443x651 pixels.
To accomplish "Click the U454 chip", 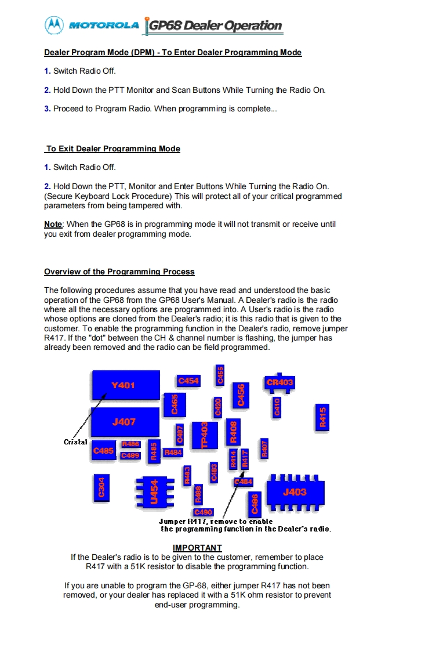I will pos(154,492).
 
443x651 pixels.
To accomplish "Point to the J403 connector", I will pos(295,492).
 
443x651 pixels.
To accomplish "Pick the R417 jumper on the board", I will pos(245,458).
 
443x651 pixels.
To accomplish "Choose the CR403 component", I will pos(279,382).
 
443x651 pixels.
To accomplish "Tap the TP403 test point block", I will pos(204,435).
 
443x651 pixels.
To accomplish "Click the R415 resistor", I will pos(323,417).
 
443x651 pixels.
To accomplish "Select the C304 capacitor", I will pos(101,488).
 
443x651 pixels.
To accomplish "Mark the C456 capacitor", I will pos(241,395).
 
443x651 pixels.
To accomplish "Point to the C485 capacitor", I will pos(103,450).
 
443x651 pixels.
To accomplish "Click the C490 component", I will pos(204,512).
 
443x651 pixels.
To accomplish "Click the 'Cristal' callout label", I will pos(75,442).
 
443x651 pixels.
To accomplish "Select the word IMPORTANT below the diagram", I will pos(197,548).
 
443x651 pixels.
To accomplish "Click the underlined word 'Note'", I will pos(53,224).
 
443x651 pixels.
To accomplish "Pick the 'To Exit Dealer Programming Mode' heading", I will pos(112,149).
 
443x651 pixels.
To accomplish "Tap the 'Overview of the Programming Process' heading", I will pos(119,272).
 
